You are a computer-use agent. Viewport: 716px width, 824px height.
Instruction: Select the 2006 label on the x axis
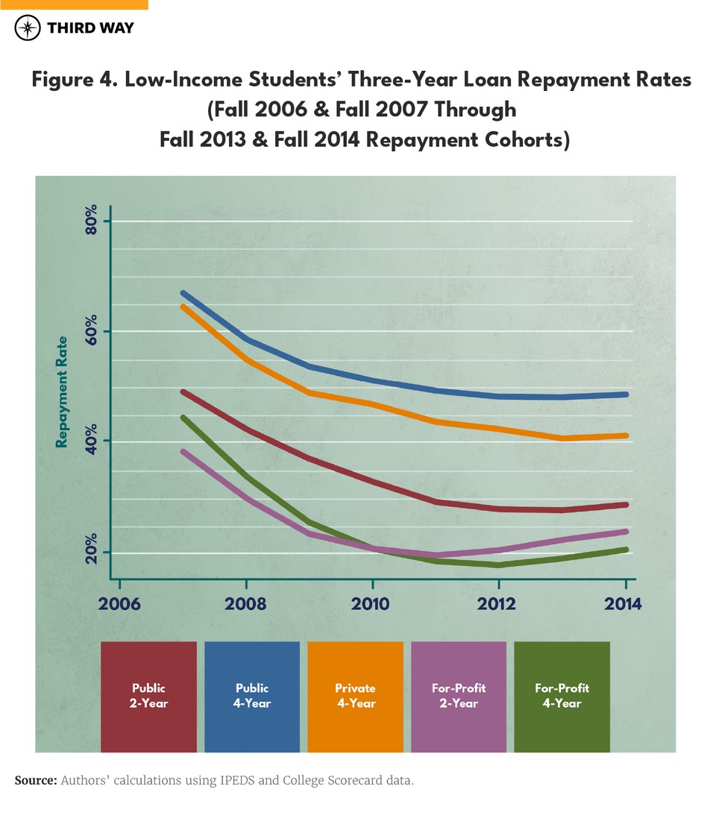(x=119, y=603)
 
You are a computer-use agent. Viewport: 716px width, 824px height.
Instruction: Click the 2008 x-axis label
(x=245, y=603)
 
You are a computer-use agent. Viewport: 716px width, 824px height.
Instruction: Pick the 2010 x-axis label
(x=371, y=603)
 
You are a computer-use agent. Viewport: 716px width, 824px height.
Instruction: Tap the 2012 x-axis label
(x=497, y=603)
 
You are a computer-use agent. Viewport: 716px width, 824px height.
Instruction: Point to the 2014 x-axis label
(x=624, y=603)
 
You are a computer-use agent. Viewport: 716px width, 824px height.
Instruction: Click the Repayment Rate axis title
(x=63, y=392)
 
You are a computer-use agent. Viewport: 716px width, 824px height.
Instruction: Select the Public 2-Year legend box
(x=148, y=696)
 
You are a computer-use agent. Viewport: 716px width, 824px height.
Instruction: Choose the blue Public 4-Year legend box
(x=252, y=696)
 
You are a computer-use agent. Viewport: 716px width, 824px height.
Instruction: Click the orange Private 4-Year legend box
(x=355, y=696)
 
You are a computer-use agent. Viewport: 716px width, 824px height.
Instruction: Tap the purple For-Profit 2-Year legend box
(x=459, y=696)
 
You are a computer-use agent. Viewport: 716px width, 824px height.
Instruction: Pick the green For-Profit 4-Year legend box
(x=562, y=696)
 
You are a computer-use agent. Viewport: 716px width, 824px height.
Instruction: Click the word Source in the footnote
(x=35, y=781)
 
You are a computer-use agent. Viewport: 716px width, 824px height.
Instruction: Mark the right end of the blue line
(x=626, y=394)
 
